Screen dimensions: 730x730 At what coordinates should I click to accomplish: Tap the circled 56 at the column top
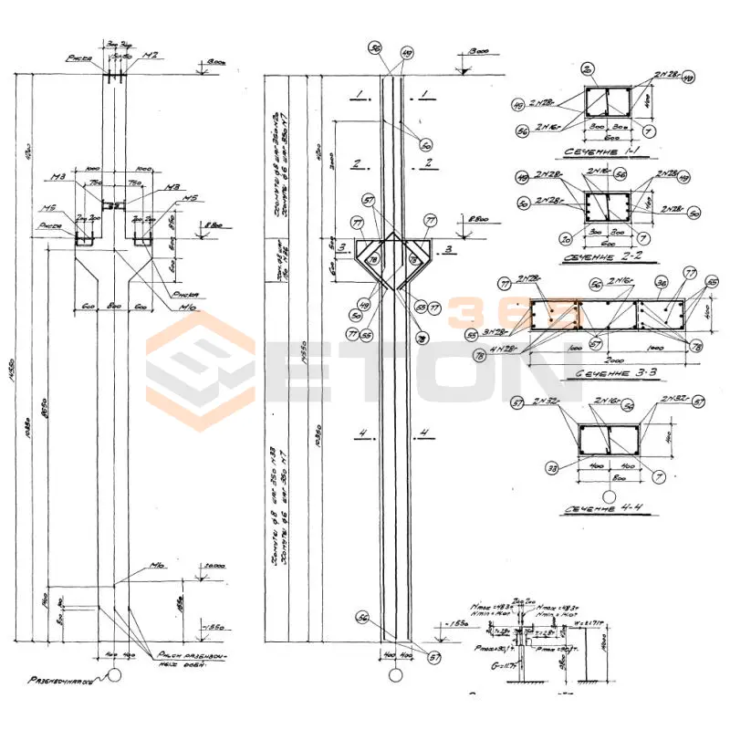pyautogui.click(x=374, y=47)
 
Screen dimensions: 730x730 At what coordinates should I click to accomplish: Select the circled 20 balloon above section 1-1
pyautogui.click(x=588, y=69)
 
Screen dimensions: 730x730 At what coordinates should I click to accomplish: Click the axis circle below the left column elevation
pyautogui.click(x=114, y=674)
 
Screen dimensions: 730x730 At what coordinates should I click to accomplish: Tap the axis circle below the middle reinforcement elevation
pyautogui.click(x=394, y=674)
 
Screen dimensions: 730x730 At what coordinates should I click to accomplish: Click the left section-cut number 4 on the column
pyautogui.click(x=362, y=432)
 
